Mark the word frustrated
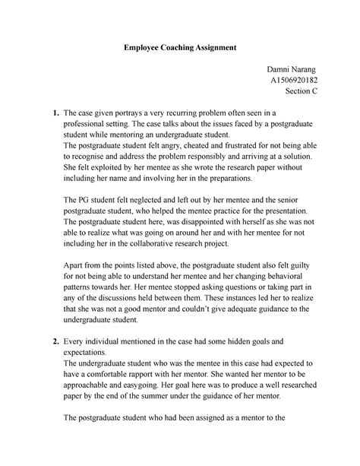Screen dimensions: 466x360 [255, 145]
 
